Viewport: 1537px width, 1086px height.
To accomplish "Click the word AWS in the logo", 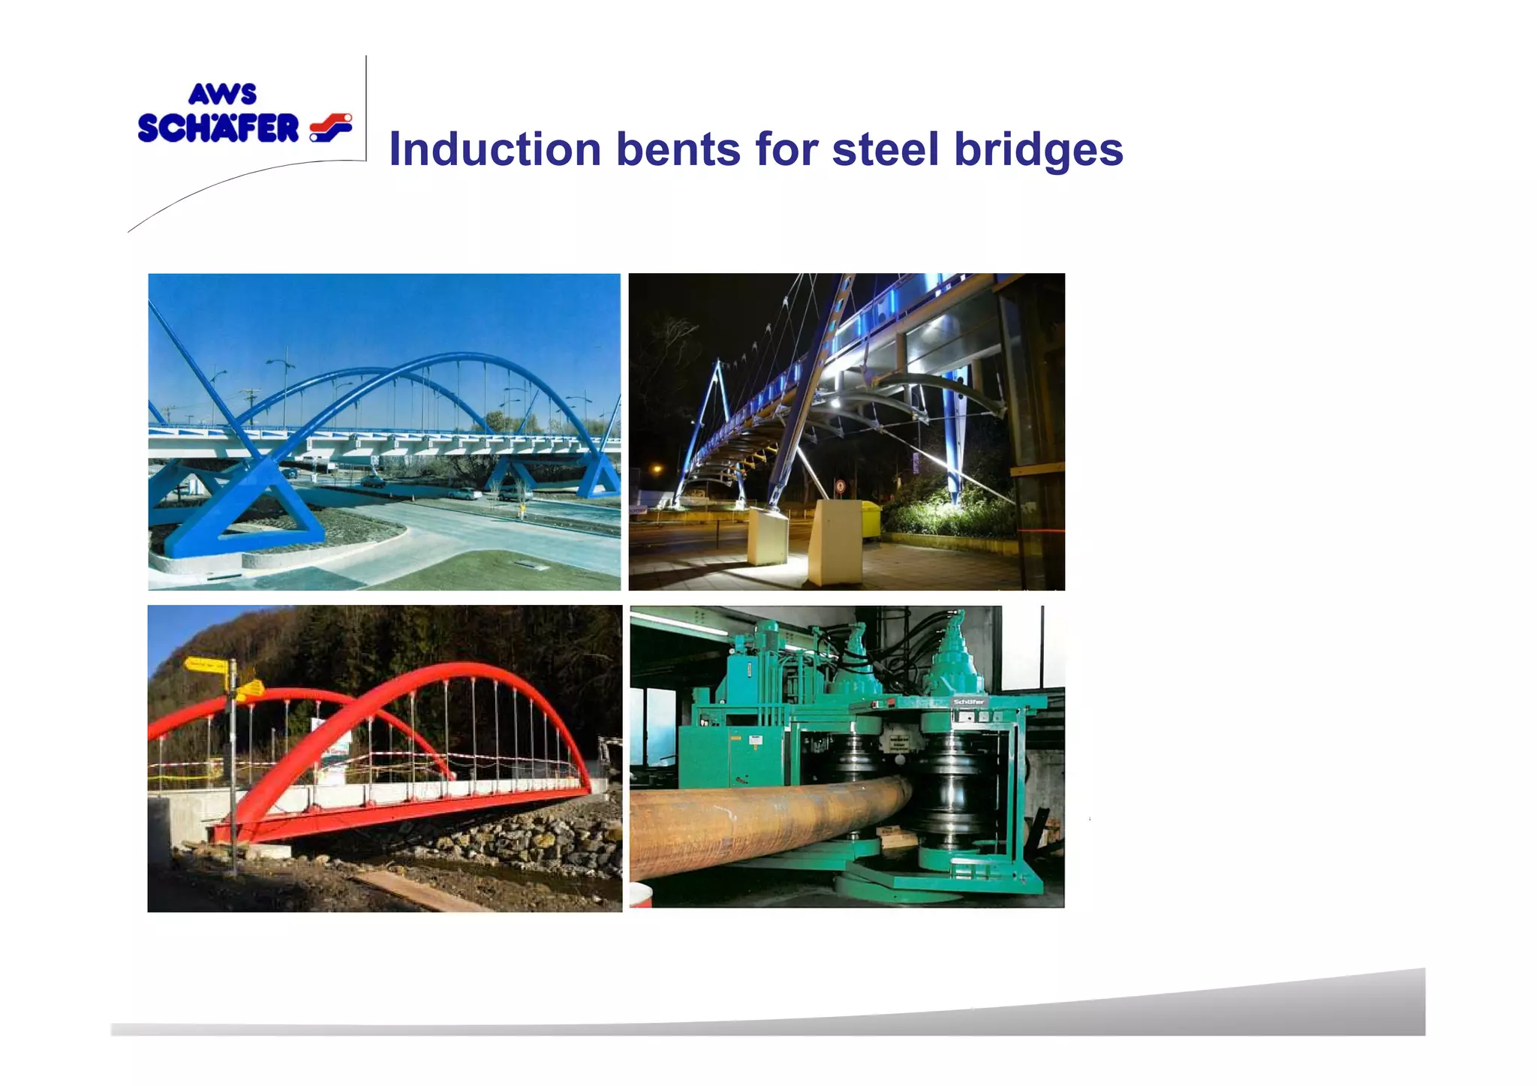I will pyautogui.click(x=222, y=95).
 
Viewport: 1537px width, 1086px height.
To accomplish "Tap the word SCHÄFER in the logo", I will pyautogui.click(x=218, y=128).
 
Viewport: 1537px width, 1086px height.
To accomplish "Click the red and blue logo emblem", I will pyautogui.click(x=330, y=127).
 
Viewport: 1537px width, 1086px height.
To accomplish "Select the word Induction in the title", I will pyautogui.click(x=495, y=149).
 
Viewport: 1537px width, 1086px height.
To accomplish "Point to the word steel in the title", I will pyautogui.click(x=886, y=149).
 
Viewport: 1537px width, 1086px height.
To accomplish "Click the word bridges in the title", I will pyautogui.click(x=1039, y=150).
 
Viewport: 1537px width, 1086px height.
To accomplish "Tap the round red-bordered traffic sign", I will pyautogui.click(x=840, y=486).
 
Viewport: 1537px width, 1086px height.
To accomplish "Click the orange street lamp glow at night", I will pyautogui.click(x=657, y=470).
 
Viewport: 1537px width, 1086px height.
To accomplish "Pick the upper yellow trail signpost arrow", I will pyautogui.click(x=206, y=664).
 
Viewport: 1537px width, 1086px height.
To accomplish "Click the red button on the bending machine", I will pyautogui.click(x=890, y=703).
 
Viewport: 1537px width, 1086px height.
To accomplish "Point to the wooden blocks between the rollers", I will pyautogui.click(x=898, y=837).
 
